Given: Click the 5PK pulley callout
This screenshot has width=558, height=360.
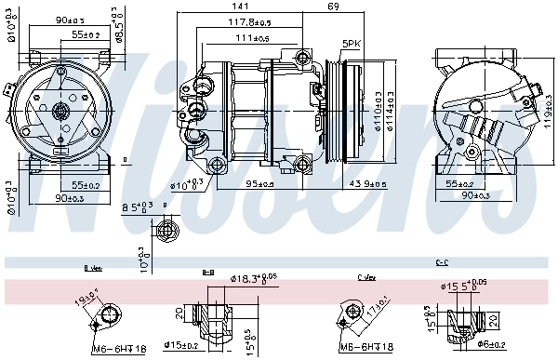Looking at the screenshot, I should pos(351,44).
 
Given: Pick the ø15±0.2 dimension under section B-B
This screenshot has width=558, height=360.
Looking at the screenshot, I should pos(182,347).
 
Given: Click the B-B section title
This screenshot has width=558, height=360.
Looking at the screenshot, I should pos(208,272).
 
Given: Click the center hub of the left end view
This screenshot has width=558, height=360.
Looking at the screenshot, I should pos(61,112).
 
